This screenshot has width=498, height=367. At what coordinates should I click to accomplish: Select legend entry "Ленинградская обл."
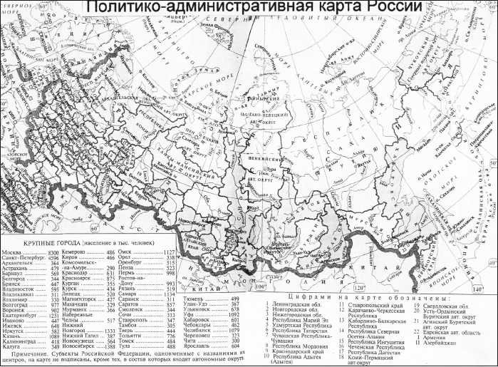point(298,305)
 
